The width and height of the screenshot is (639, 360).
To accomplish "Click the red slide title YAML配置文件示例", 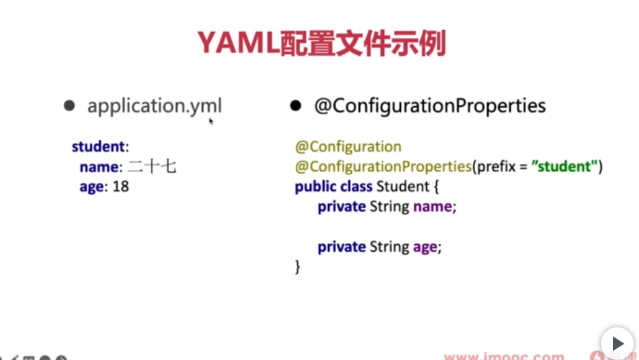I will click(x=321, y=44).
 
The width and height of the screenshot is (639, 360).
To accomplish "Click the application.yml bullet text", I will click(x=154, y=106).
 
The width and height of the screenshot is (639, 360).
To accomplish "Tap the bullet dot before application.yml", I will click(x=69, y=106).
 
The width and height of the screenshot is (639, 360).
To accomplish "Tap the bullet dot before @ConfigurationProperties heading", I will click(x=295, y=106).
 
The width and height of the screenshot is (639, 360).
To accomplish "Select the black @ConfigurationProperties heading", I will click(x=429, y=106).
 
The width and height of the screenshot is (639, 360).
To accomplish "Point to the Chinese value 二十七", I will click(x=152, y=167).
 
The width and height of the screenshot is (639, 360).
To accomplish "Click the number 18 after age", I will click(x=120, y=186).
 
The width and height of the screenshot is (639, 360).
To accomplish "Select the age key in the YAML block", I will click(x=92, y=186).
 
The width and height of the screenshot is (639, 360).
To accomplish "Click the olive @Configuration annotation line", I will click(x=348, y=146).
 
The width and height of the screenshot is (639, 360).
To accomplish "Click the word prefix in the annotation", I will click(x=496, y=166).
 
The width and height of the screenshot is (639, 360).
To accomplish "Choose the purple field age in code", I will click(x=425, y=247).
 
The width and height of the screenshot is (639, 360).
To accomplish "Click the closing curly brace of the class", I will click(x=297, y=266).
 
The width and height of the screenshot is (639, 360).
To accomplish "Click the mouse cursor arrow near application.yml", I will click(x=211, y=121).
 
